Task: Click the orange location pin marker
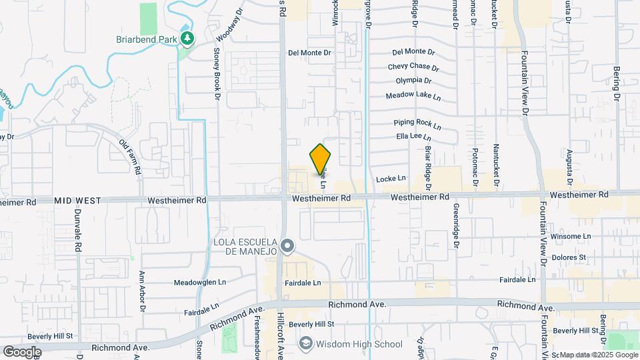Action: tap(321, 160)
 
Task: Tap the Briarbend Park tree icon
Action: tap(188, 38)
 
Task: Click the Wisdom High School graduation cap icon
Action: tap(305, 344)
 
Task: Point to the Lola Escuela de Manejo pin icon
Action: tap(287, 247)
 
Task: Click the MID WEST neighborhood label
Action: tap(77, 200)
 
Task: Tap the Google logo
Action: tap(22, 351)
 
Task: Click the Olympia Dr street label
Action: tap(413, 81)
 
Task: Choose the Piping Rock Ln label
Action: tap(417, 123)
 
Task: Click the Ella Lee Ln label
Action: tap(415, 137)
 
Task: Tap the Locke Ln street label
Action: tap(391, 179)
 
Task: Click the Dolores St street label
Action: tap(569, 257)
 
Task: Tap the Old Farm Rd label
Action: tap(130, 156)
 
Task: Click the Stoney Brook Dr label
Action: tap(217, 74)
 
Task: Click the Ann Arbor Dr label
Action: tap(142, 291)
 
